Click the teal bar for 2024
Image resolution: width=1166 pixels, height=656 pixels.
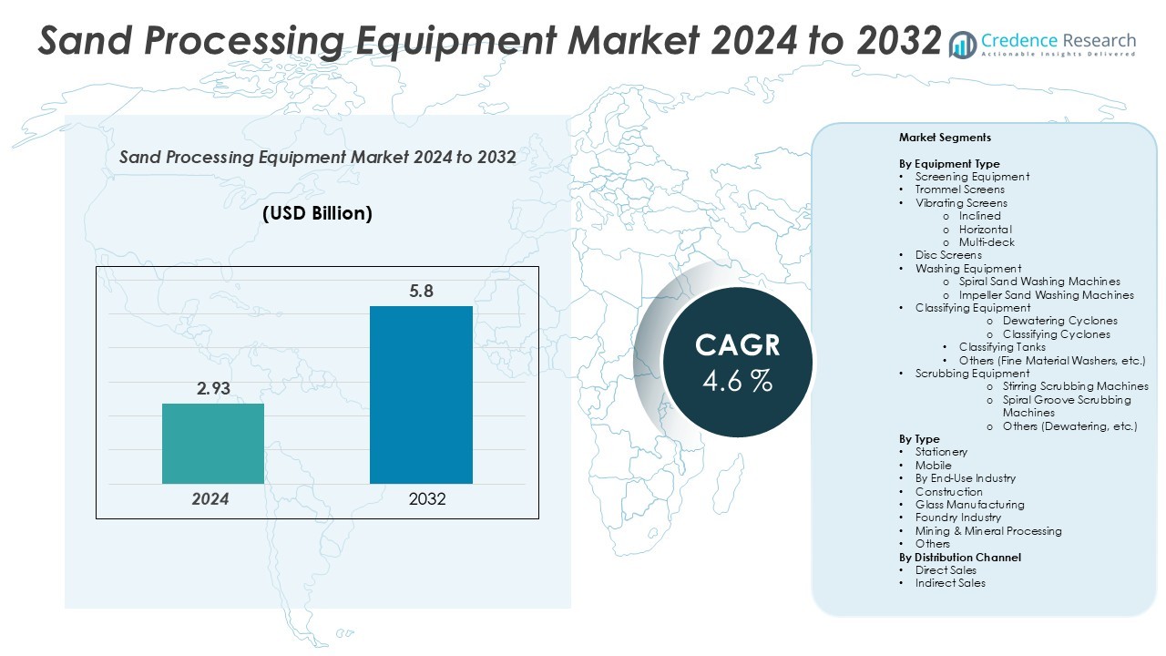213,443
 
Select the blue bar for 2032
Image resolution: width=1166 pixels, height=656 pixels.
421,395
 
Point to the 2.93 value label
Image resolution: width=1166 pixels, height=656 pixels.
214,389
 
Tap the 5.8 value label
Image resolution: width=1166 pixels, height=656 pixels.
421,292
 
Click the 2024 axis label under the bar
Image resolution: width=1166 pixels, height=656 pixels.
210,499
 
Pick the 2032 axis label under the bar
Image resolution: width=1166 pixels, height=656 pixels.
427,499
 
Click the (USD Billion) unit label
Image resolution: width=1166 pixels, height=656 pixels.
317,213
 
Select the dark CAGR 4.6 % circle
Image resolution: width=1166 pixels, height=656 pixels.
737,362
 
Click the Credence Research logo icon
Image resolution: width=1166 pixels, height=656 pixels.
963,44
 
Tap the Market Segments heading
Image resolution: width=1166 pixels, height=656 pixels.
945,138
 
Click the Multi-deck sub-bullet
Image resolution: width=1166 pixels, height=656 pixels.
986,242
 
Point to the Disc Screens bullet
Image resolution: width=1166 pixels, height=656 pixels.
948,255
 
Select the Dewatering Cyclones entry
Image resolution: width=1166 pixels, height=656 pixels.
1059,321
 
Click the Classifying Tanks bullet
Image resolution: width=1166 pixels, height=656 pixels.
1002,347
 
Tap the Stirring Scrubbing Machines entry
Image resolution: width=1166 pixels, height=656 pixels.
1075,386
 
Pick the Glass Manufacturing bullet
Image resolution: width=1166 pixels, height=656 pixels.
969,505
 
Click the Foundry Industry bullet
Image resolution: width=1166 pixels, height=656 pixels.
957,518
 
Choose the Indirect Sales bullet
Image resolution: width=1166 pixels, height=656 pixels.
950,583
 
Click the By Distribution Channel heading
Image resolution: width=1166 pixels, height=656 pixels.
960,557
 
